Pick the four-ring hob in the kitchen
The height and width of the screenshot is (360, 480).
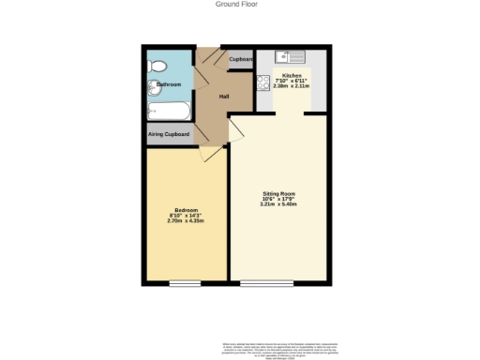262,82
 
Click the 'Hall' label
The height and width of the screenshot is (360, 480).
224,97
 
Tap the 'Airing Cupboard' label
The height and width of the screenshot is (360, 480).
169,135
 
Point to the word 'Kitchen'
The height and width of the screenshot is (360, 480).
292,75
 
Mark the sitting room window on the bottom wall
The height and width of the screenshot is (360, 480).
266,283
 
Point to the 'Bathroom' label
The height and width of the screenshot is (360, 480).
168,85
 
